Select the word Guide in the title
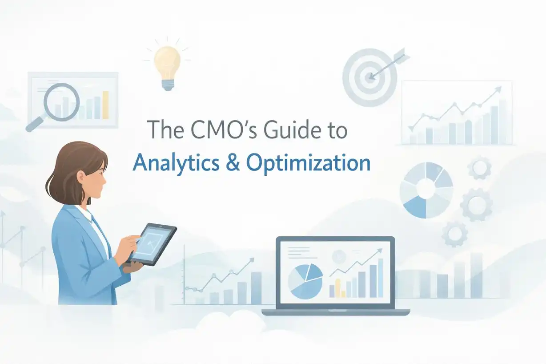click(x=281, y=130)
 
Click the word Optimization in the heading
click(x=308, y=164)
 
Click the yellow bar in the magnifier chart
click(x=105, y=105)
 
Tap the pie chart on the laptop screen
click(x=305, y=279)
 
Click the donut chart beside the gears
click(x=426, y=190)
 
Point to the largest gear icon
click(x=477, y=205)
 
